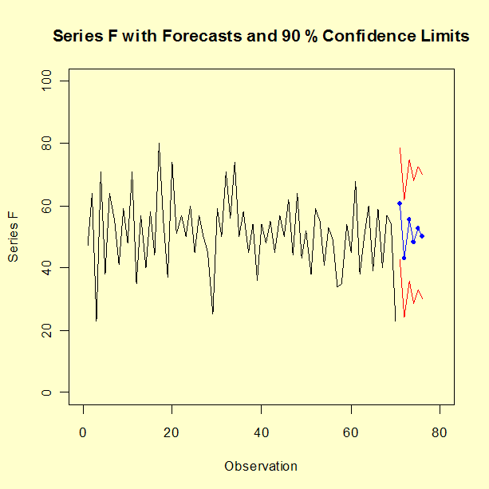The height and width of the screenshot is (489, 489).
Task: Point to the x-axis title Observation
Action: (261, 466)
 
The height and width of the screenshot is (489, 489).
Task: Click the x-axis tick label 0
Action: (83, 433)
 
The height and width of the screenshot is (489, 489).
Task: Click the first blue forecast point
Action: (400, 203)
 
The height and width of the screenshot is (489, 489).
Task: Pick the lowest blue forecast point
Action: (404, 258)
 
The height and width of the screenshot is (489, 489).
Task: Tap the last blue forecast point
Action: (422, 236)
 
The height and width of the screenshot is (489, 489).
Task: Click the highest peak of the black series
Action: (159, 144)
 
